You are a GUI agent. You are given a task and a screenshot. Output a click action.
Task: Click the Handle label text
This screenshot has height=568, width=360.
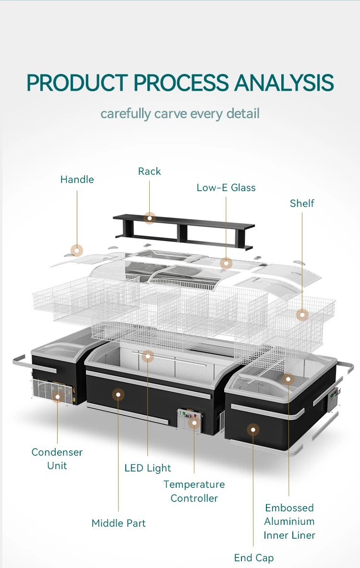tap(77, 180)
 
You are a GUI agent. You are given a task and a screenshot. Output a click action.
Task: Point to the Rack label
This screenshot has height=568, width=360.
tap(149, 171)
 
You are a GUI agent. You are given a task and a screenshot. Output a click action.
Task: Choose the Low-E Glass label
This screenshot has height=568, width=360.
tap(226, 188)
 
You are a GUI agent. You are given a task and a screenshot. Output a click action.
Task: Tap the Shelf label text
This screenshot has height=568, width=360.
tap(302, 204)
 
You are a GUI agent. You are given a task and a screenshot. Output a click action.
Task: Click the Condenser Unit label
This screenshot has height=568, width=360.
tap(57, 459)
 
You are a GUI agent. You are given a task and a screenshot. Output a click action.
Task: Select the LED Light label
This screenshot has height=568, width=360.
tap(148, 468)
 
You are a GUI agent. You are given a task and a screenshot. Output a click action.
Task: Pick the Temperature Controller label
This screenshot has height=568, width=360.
tap(194, 491)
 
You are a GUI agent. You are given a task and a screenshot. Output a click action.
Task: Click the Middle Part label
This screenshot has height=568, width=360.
tap(119, 523)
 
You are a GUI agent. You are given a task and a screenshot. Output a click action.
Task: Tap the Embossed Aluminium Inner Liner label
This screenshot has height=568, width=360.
tap(289, 521)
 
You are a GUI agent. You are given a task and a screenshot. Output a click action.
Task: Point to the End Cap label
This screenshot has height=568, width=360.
tap(254, 558)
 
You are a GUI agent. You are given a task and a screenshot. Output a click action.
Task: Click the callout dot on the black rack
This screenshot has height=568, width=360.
tap(150, 218)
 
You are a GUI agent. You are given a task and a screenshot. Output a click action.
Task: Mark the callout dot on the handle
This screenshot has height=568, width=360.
tap(77, 250)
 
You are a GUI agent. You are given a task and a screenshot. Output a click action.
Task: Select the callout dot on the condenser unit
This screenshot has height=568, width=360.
tap(58, 397)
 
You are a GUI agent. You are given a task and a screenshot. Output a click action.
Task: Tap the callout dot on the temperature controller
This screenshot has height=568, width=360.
tap(194, 423)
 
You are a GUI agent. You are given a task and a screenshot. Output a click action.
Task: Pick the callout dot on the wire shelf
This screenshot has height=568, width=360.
tap(302, 315)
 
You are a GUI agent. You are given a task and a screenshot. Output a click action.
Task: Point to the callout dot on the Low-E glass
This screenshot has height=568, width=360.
tap(226, 263)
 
